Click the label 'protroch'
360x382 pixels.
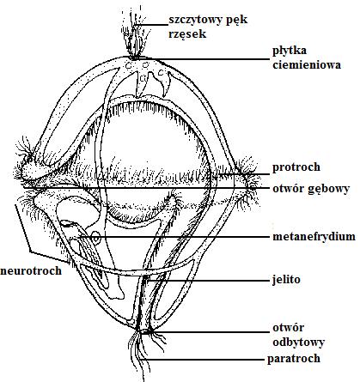(x=296, y=167)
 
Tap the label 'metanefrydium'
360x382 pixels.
(x=314, y=237)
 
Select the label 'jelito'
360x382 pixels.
(x=286, y=279)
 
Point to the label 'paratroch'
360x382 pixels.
(x=294, y=359)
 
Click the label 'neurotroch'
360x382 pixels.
(x=31, y=270)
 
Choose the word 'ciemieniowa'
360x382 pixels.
(x=307, y=65)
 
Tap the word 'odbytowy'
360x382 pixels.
(x=298, y=343)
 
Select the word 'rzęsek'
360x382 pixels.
(x=187, y=34)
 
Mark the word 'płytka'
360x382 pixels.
(x=285, y=51)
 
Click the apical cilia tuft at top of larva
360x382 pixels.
(x=135, y=33)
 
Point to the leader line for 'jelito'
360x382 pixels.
(x=208, y=281)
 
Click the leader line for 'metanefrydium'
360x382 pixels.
(x=174, y=237)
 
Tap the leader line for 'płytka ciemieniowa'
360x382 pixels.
(x=201, y=59)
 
